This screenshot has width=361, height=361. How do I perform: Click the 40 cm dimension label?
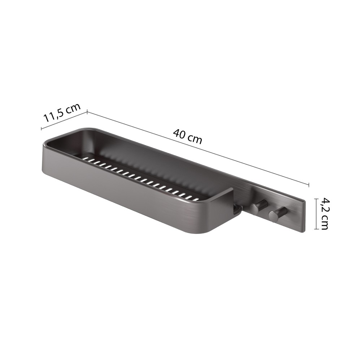[188, 136]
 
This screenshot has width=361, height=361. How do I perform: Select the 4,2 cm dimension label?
[323, 213]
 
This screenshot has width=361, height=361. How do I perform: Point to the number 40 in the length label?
[179, 134]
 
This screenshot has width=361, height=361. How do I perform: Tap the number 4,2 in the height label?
[323, 205]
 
